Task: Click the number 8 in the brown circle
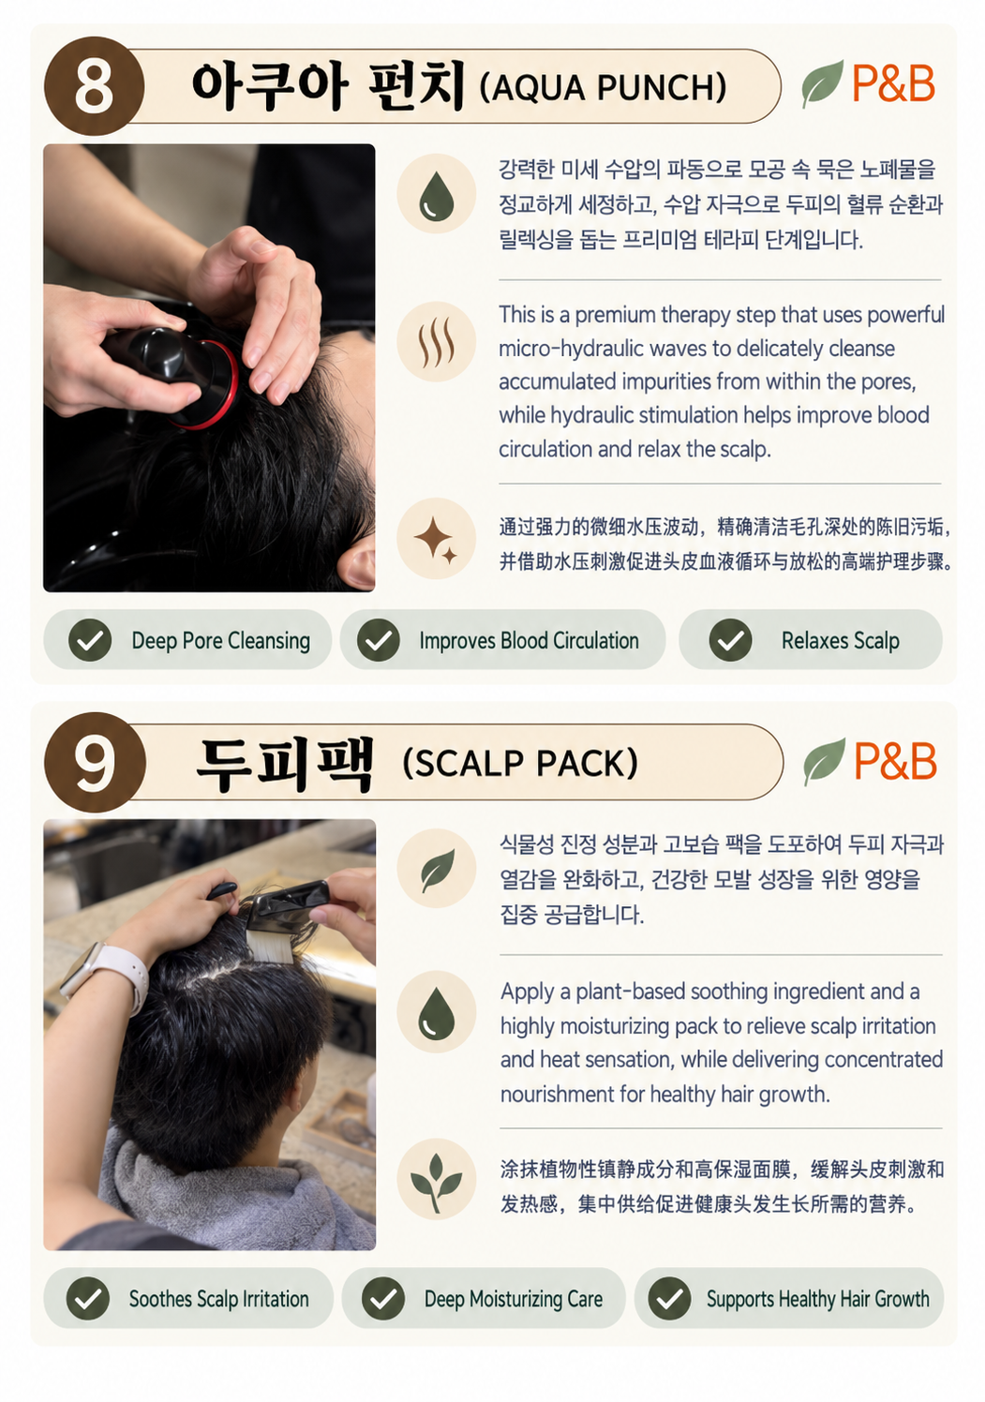tap(94, 86)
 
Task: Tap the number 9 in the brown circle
tap(95, 763)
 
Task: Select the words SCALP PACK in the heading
tap(520, 764)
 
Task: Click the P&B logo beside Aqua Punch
tap(893, 83)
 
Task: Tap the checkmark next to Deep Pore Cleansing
tap(90, 640)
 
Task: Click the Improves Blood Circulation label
tap(529, 641)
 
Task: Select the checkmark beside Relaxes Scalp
tap(730, 640)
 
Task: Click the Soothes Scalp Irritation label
tap(219, 1299)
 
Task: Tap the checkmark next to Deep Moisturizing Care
tap(383, 1299)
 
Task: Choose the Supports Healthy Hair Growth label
tap(818, 1299)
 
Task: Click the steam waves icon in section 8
tap(436, 342)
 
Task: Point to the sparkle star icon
tap(435, 540)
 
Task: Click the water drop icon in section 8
tap(436, 196)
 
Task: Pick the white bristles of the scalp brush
tap(270, 946)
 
